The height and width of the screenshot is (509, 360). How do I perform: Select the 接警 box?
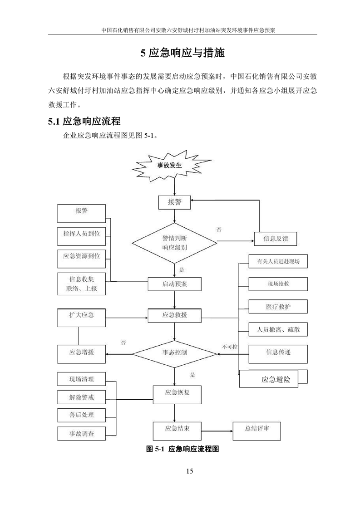click(174, 202)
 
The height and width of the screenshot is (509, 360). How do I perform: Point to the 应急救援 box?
click(174, 315)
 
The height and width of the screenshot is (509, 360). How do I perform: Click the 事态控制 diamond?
click(174, 352)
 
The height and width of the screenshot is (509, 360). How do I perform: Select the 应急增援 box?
click(82, 352)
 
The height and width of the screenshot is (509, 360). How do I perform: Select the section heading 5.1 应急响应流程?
click(84, 122)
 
